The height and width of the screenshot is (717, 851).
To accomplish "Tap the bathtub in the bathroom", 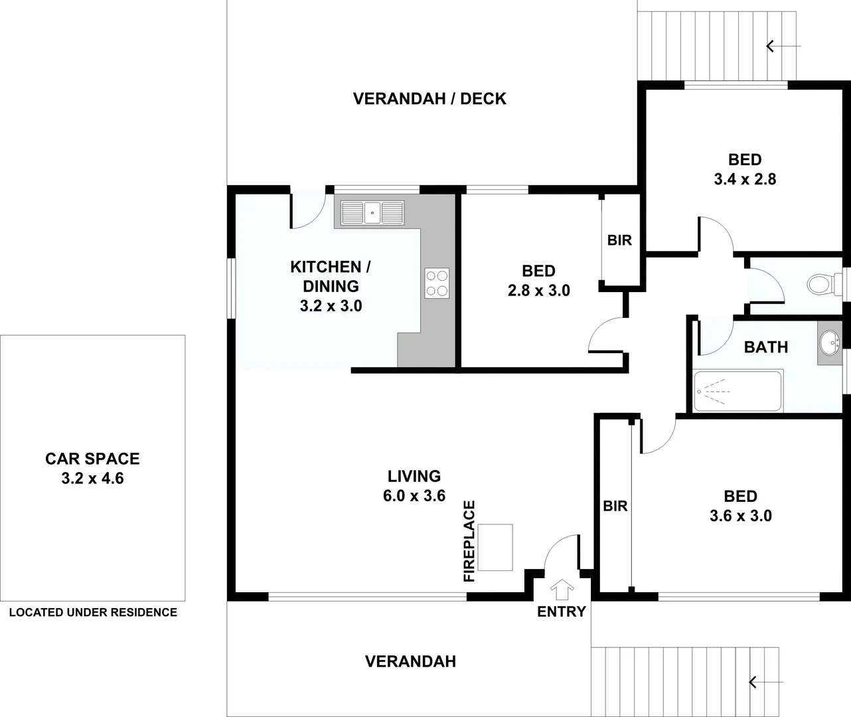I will [737, 392].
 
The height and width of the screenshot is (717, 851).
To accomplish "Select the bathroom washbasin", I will [829, 344].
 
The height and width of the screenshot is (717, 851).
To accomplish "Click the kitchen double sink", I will [372, 213].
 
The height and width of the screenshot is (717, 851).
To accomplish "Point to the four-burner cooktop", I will [436, 283].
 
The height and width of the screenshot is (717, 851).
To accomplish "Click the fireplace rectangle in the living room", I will [495, 548].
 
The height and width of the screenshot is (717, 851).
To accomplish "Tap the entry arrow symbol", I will [562, 589].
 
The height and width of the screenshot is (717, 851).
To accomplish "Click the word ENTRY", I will [562, 611].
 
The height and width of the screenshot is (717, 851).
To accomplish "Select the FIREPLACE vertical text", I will [469, 542].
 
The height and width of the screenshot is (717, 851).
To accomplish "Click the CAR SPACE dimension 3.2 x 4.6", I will [92, 478].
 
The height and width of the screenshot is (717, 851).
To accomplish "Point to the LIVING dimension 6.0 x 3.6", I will [414, 495].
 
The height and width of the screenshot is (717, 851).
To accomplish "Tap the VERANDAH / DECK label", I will [429, 99].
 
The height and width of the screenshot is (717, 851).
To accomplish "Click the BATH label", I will [765, 347].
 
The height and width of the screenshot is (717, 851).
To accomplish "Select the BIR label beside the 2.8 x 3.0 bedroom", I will [619, 240].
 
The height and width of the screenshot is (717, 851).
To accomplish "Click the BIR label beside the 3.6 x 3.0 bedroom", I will [615, 506].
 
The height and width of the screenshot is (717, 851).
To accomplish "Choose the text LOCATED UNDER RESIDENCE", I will [93, 612].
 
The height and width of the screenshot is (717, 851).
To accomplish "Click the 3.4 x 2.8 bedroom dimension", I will [745, 179].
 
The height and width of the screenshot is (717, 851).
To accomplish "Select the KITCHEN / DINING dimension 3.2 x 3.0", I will [331, 306].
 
